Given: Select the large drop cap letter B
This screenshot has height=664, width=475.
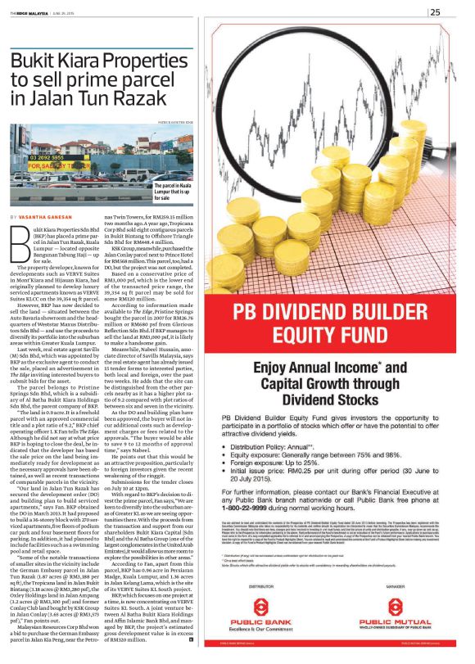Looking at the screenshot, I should pos(20,240).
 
